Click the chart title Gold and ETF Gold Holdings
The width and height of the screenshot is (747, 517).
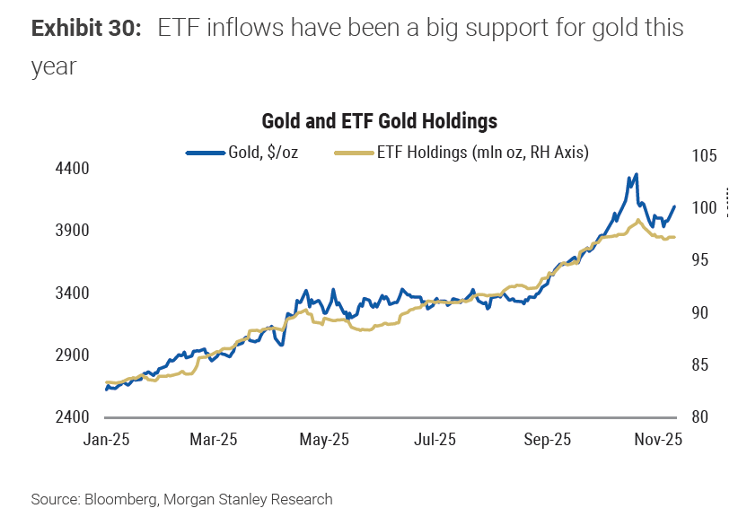pyautogui.click(x=379, y=121)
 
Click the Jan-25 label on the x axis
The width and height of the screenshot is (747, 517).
pyautogui.click(x=106, y=440)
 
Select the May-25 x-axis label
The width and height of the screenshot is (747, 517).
pyautogui.click(x=324, y=440)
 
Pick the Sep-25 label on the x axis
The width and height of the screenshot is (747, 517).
pyautogui.click(x=548, y=440)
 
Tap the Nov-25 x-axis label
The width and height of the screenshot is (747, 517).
pyautogui.click(x=658, y=440)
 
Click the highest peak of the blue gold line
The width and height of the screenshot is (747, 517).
pyautogui.click(x=636, y=174)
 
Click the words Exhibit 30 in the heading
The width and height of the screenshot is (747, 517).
pyautogui.click(x=86, y=29)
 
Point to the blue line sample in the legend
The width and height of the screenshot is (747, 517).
pyautogui.click(x=204, y=153)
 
